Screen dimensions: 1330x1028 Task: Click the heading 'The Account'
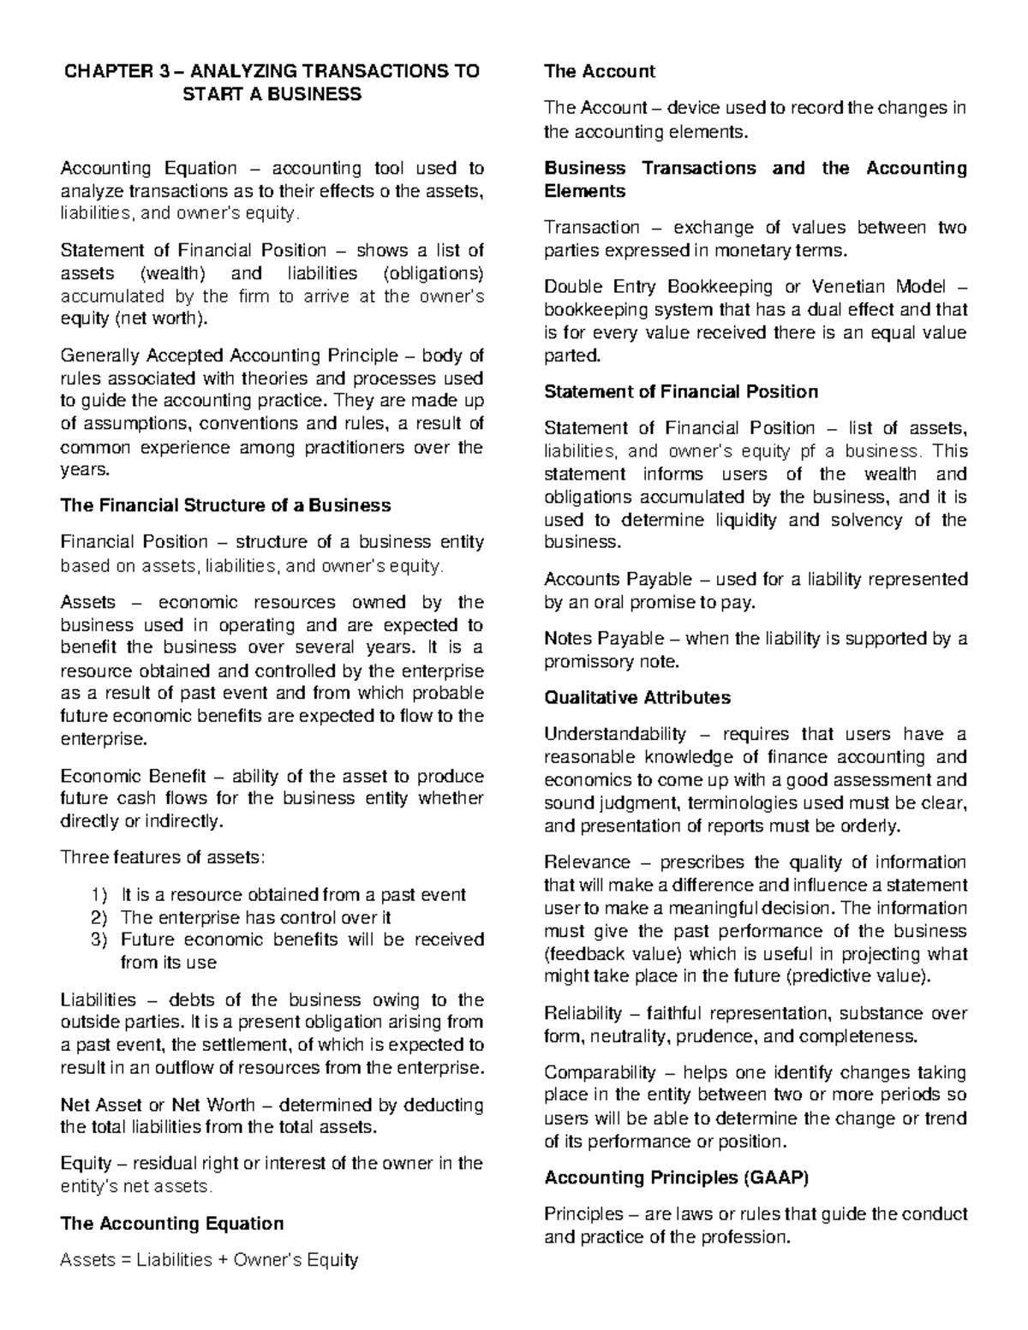click(x=599, y=72)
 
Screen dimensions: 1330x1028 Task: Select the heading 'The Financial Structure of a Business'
click(x=225, y=505)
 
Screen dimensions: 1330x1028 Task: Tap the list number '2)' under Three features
click(x=99, y=917)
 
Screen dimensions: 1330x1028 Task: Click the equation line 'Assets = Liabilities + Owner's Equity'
click(x=209, y=1260)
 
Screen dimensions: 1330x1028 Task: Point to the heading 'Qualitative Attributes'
click(x=637, y=698)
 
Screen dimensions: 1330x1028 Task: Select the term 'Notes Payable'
click(x=604, y=639)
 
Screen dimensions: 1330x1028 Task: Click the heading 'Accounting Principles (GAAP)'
click(x=676, y=1178)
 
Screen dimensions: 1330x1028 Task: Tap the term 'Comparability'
click(x=600, y=1073)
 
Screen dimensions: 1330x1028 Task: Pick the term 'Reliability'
click(x=583, y=1014)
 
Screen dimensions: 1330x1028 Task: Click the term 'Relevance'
click(x=587, y=862)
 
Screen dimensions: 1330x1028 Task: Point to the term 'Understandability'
click(x=615, y=734)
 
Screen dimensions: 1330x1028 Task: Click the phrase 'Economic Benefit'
click(x=133, y=777)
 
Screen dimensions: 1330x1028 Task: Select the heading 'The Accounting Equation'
click(x=171, y=1224)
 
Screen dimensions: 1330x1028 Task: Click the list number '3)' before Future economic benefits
click(x=99, y=939)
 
